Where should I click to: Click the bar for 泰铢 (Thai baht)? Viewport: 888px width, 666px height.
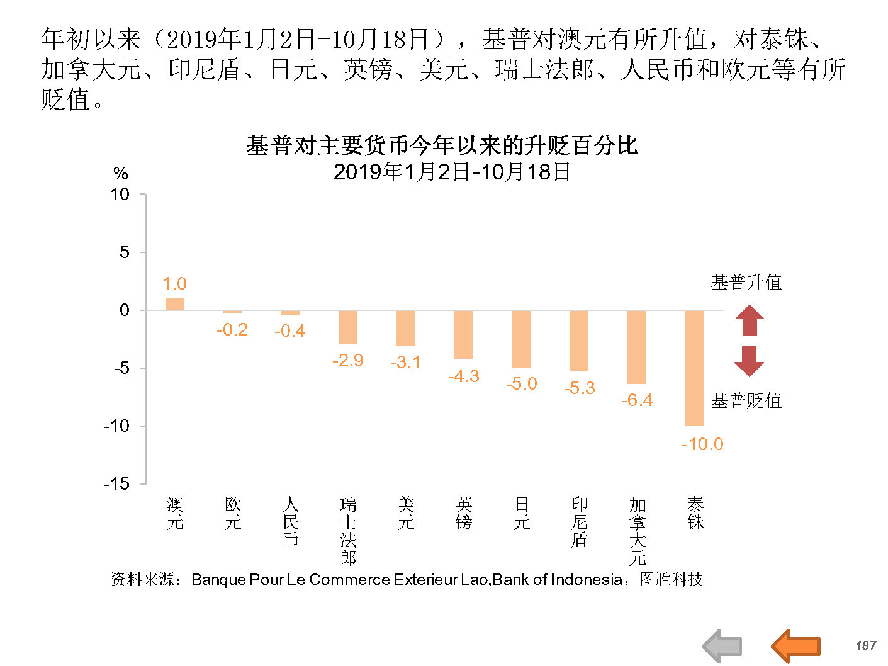(694, 368)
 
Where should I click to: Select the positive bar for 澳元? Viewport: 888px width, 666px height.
(174, 304)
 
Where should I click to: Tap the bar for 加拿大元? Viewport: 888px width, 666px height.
(636, 347)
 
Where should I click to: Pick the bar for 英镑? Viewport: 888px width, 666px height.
(463, 335)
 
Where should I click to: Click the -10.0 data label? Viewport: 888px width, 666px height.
(702, 444)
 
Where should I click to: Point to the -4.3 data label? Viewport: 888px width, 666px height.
(464, 376)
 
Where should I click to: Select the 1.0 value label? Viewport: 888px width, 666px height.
(174, 284)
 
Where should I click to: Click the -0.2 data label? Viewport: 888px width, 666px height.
(232, 330)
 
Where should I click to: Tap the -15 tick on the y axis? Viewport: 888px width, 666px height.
(116, 483)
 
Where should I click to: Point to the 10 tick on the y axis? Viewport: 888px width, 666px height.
(120, 195)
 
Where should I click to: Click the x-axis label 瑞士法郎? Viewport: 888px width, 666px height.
(348, 531)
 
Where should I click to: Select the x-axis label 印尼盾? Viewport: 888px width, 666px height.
(580, 522)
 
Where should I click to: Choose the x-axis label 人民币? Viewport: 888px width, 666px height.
(290, 522)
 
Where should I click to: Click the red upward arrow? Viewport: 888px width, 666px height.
(749, 320)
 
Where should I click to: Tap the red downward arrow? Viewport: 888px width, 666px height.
(749, 361)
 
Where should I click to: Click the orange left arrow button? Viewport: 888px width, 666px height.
(795, 645)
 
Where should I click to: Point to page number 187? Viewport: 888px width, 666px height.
(865, 646)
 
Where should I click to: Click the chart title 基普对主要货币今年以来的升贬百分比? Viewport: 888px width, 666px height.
(442, 146)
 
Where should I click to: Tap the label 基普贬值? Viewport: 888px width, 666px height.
(746, 400)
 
